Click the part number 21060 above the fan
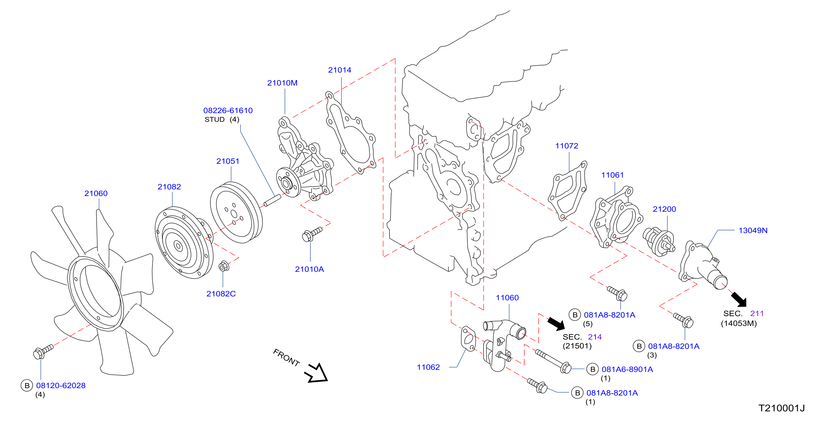click(96, 193)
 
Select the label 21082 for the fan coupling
click(169, 187)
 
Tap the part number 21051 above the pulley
click(228, 161)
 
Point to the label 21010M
click(282, 83)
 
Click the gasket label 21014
click(339, 70)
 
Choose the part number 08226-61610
click(228, 111)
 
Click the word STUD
click(215, 120)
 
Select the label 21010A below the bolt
click(309, 269)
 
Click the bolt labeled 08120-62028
click(43, 351)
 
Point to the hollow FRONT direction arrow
click(316, 373)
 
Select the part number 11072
click(567, 146)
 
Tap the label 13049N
click(753, 231)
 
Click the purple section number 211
click(757, 314)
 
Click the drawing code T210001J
click(782, 408)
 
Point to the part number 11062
click(428, 367)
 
